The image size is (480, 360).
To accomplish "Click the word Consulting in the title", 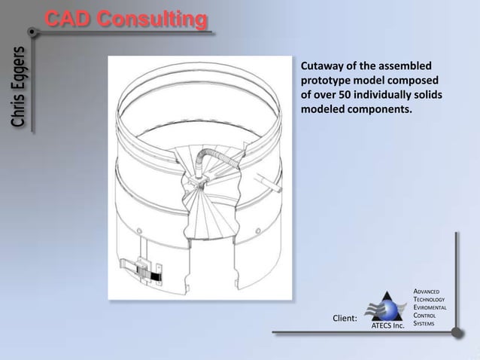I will click(156, 20).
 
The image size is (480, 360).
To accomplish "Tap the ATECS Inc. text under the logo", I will click(387, 326).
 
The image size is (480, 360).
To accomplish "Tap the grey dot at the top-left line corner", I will click(32, 33).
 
